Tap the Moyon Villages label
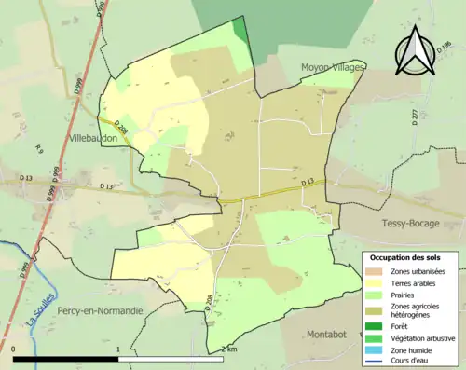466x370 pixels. [334, 67]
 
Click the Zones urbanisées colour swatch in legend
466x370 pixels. [375, 270]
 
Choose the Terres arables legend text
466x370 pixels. [417, 283]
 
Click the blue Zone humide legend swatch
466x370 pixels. [375, 349]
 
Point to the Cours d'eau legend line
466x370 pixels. [375, 361]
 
